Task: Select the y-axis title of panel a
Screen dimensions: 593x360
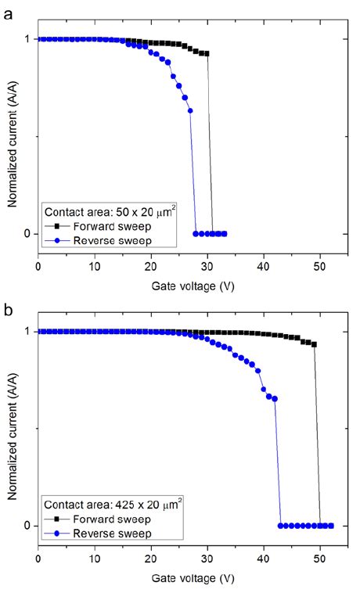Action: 13,138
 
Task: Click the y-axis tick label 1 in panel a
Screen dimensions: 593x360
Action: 27,39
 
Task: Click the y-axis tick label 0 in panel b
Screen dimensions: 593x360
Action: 27,526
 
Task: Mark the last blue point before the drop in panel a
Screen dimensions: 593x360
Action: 190,111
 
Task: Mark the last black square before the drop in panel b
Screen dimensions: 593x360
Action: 314,344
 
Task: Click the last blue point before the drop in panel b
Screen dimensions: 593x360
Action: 275,399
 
